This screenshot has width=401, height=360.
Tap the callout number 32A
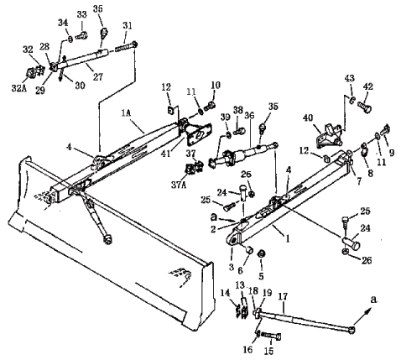click(18, 88)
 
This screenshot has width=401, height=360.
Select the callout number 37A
click(178, 177)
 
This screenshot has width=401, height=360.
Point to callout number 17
click(283, 296)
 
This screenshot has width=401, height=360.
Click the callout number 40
click(308, 117)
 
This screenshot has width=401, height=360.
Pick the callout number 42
click(368, 86)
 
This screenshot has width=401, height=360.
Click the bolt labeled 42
click(365, 107)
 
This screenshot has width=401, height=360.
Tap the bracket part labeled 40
click(329, 136)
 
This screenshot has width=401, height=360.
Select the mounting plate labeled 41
click(199, 135)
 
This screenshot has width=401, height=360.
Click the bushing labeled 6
click(249, 249)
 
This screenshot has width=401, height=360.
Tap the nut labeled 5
click(261, 254)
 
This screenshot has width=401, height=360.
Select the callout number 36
click(249, 116)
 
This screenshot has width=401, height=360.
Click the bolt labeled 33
click(81, 35)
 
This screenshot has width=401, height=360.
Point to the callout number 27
click(98, 76)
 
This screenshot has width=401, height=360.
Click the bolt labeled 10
click(210, 107)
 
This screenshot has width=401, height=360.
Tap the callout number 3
click(231, 267)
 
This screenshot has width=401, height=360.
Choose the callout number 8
click(371, 174)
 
